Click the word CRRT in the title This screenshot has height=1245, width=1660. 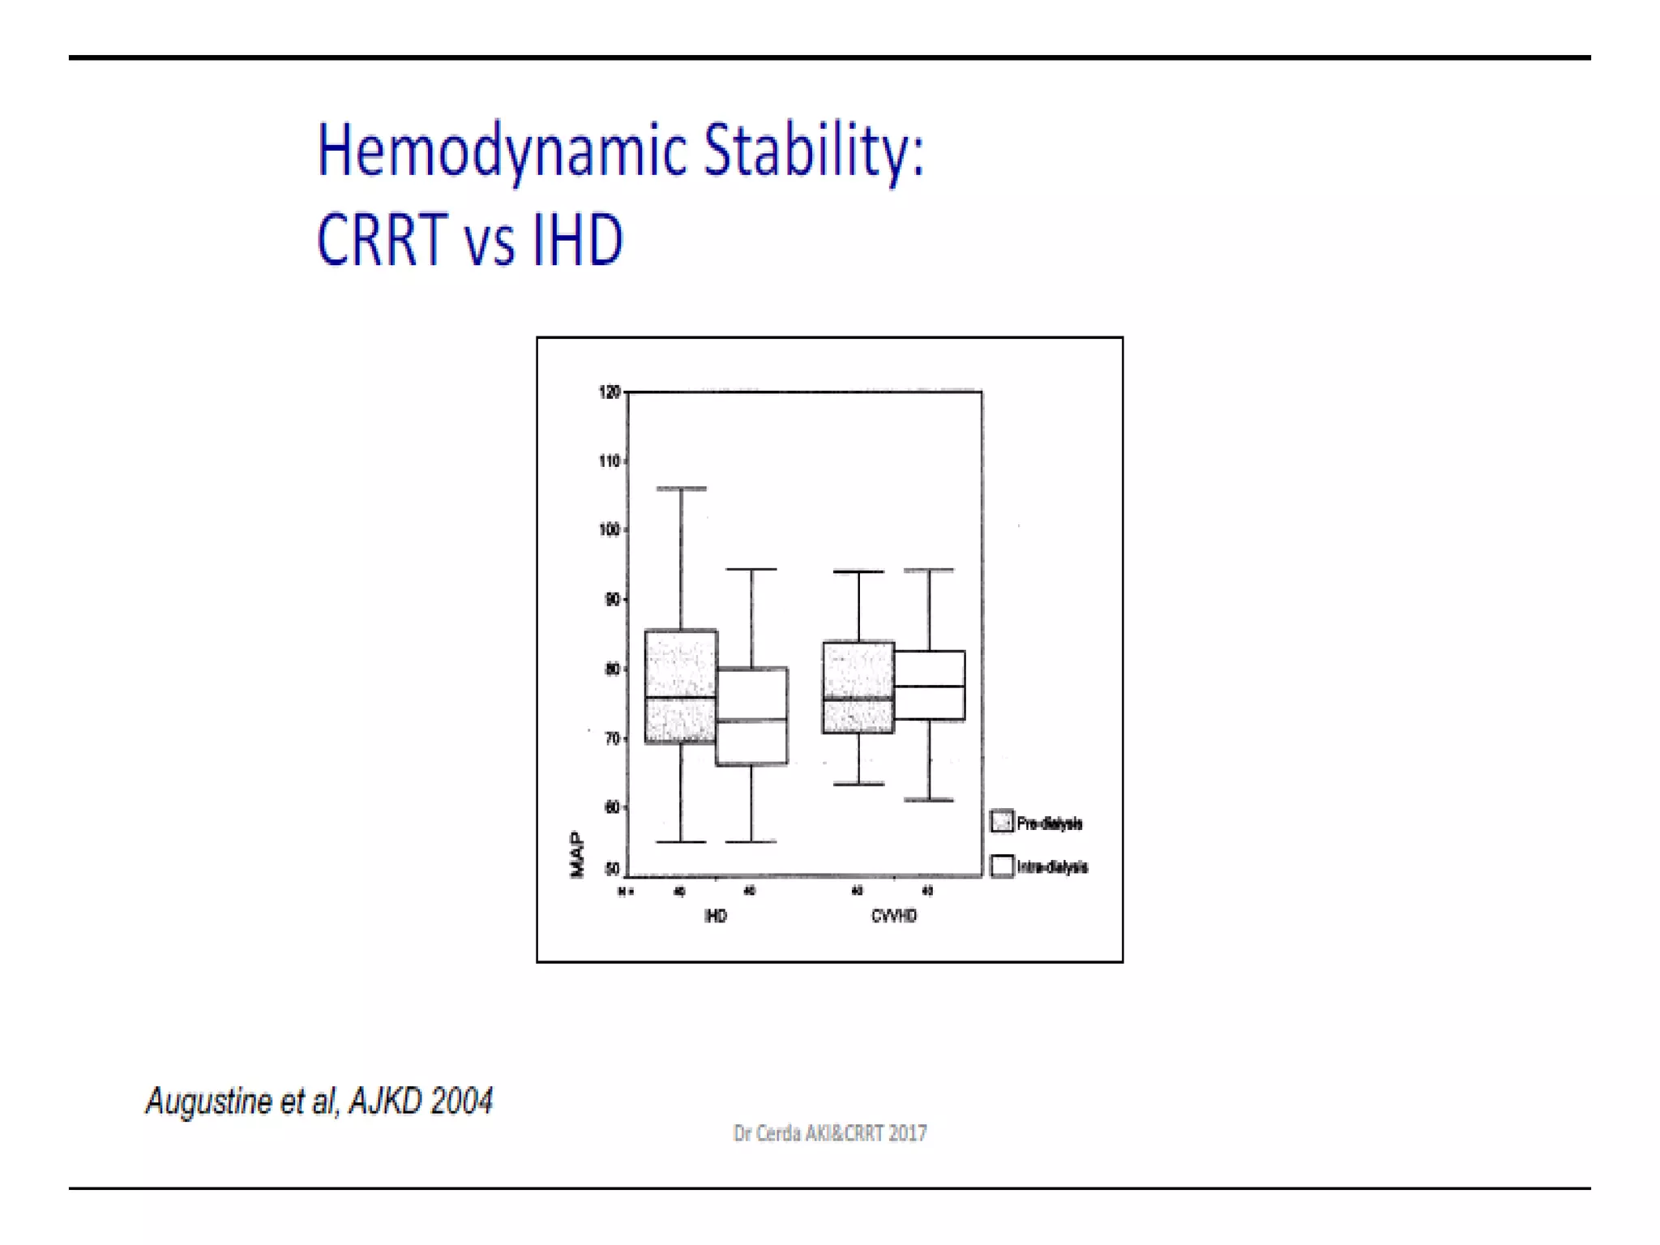(382, 240)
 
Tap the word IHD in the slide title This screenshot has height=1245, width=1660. (578, 240)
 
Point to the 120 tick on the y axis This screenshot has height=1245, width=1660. (609, 392)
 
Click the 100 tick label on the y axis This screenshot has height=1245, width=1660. (609, 530)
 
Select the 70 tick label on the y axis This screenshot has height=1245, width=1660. (612, 738)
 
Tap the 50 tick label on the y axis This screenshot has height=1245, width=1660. (612, 869)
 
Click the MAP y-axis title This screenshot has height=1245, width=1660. (577, 854)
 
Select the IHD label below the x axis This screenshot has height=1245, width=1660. (716, 916)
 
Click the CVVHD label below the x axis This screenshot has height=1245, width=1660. (893, 916)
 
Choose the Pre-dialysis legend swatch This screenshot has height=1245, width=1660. (1002, 822)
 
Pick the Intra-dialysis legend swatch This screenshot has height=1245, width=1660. (1002, 866)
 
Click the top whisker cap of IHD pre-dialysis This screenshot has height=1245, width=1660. (681, 489)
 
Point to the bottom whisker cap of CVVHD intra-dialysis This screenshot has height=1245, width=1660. (929, 800)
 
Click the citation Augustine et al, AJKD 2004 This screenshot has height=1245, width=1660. (319, 1102)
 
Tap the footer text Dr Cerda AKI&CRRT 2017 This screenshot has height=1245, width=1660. (829, 1133)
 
